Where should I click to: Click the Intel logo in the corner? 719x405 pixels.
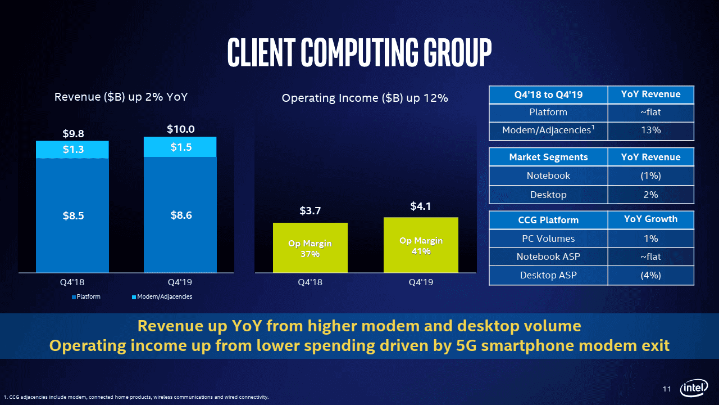point(694,388)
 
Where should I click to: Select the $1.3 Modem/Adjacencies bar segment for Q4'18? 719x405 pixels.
point(72,150)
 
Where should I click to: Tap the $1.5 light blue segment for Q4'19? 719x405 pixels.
point(180,147)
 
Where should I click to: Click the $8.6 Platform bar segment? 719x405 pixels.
point(180,215)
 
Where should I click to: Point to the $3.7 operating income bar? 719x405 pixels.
point(310,247)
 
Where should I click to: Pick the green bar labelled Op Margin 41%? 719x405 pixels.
point(421,245)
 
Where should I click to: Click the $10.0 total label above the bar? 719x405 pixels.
point(181,129)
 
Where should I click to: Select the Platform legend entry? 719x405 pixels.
point(86,296)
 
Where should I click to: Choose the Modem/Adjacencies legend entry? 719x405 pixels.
point(162,296)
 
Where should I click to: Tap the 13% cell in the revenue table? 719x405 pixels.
point(651,130)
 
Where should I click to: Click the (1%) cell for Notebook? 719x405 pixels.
point(651,176)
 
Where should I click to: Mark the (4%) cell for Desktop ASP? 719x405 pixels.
point(651,276)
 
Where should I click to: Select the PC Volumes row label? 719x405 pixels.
point(548,238)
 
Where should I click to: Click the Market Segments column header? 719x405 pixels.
point(548,157)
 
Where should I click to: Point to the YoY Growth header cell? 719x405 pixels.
point(651,219)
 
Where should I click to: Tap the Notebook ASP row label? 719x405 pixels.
point(548,256)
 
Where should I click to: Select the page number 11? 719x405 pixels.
point(667,389)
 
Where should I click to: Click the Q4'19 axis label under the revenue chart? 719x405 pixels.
point(180,282)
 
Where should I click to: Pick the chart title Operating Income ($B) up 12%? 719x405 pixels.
point(365,98)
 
